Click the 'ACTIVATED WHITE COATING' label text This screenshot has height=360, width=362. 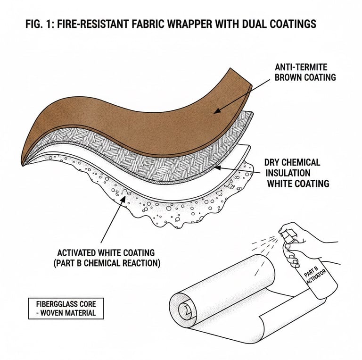coord(104,253)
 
